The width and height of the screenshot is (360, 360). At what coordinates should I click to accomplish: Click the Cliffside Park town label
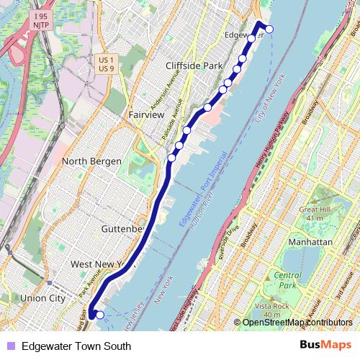pyautogui.click(x=194, y=66)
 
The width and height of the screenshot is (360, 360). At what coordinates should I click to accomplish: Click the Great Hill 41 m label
pyautogui.click(x=313, y=214)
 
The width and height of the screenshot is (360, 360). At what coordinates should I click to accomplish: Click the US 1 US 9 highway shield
pyautogui.click(x=105, y=63)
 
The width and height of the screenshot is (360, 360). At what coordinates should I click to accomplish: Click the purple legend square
pyautogui.click(x=9, y=346)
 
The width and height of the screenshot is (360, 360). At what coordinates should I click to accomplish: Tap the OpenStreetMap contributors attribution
pyautogui.click(x=297, y=323)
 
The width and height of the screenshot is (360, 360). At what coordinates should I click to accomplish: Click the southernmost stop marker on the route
pyautogui.click(x=99, y=315)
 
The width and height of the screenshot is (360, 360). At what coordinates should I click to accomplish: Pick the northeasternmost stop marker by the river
pyautogui.click(x=269, y=29)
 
